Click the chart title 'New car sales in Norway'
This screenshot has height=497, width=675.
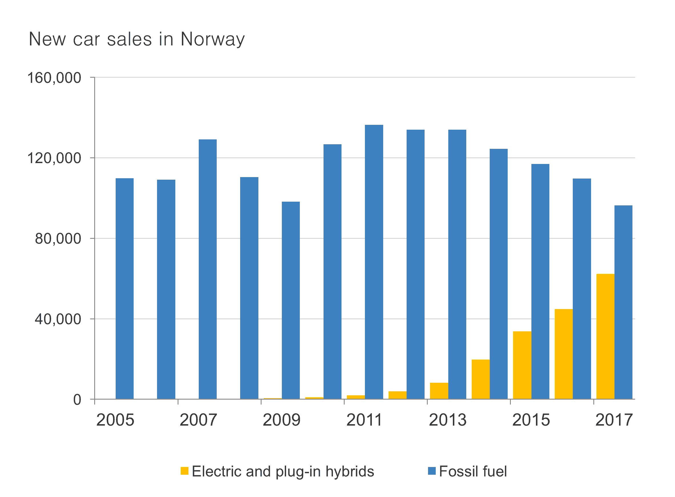(x=136, y=39)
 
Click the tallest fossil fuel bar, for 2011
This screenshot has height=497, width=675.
(x=374, y=262)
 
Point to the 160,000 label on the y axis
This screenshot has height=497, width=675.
(x=54, y=78)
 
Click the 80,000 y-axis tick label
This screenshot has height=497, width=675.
(x=58, y=239)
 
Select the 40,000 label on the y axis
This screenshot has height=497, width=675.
(x=58, y=319)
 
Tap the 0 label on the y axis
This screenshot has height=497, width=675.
(x=77, y=400)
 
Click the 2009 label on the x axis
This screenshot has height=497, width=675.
(x=282, y=420)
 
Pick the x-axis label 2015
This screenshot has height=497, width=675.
(x=531, y=420)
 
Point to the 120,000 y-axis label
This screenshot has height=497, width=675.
(x=54, y=158)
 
